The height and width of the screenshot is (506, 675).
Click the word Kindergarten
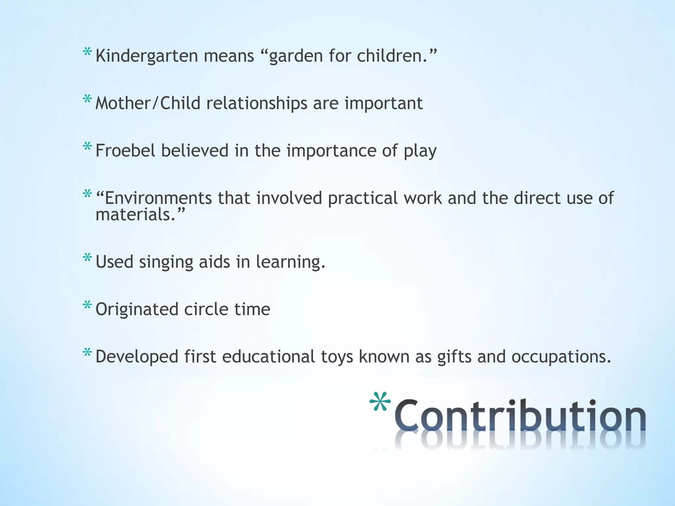pos(146,56)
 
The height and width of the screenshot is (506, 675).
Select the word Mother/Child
pos(148,103)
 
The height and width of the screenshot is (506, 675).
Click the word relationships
pos(257,103)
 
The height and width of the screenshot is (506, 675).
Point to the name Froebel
pos(125,151)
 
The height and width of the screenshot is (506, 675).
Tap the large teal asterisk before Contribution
pos(380,401)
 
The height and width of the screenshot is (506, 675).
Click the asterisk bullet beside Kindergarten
pos(87,52)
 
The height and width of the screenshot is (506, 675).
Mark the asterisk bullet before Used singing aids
pos(87,258)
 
